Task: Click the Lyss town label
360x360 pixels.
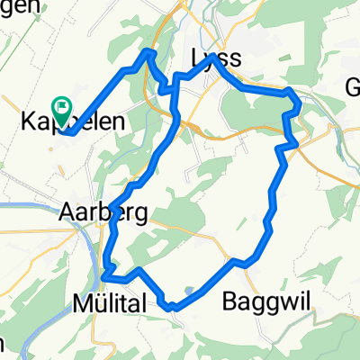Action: coord(216,59)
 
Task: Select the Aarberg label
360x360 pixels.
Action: coord(90,212)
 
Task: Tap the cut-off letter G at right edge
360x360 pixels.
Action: coord(353,86)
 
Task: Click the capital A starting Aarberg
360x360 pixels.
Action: coord(67,212)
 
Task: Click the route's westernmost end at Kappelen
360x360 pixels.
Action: coord(65,133)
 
